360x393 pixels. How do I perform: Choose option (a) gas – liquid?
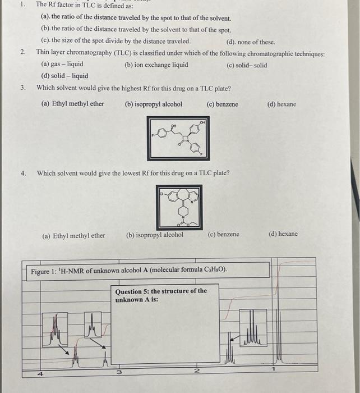(x=62, y=65)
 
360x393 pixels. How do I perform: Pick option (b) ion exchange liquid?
(x=156, y=65)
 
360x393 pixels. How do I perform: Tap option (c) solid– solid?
(x=247, y=65)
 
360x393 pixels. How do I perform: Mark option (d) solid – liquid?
(x=64, y=76)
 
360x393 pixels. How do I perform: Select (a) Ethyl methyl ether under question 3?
(x=73, y=104)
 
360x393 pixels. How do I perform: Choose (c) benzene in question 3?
(x=222, y=104)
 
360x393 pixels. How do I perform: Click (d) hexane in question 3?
(x=282, y=104)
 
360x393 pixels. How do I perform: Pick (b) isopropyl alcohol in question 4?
(x=155, y=235)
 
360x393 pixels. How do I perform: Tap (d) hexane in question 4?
(x=283, y=234)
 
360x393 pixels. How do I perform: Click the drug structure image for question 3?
(x=178, y=138)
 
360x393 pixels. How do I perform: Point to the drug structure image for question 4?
(x=179, y=207)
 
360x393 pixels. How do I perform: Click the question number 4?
(x=23, y=173)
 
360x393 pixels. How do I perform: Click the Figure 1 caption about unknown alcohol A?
(x=129, y=271)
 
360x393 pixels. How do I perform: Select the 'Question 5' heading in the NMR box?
(x=160, y=295)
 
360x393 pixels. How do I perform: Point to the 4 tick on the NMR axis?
(x=40, y=373)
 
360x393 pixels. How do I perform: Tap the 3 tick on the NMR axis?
(x=119, y=372)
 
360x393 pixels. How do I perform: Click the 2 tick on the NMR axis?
(x=196, y=371)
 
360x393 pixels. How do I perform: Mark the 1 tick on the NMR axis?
(x=273, y=369)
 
